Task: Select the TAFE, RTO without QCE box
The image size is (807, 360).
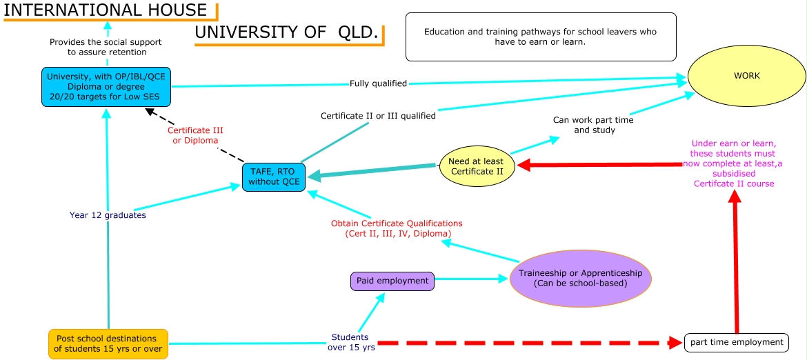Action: (x=274, y=178)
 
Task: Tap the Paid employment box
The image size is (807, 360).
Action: (x=392, y=281)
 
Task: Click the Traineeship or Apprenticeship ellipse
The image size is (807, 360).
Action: (x=580, y=278)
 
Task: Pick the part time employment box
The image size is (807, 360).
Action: (x=736, y=343)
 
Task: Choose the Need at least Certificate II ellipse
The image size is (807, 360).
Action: (x=477, y=166)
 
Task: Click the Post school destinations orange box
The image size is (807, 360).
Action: (x=108, y=344)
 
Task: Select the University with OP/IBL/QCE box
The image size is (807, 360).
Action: (x=106, y=87)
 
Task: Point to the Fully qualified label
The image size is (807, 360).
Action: (x=378, y=83)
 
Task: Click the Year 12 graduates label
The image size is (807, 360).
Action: (x=108, y=215)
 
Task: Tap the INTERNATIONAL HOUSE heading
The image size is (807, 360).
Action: (x=105, y=10)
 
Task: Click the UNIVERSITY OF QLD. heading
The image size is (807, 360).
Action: (x=287, y=32)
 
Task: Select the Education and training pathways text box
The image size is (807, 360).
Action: (x=541, y=37)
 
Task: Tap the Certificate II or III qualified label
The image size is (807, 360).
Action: (x=378, y=117)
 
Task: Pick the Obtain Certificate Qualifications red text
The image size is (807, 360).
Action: (x=397, y=228)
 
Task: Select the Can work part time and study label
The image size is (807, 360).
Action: (x=593, y=125)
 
